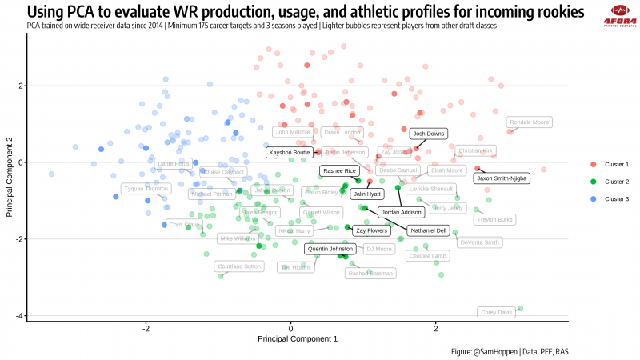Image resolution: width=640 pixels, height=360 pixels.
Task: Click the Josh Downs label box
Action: point(428,134)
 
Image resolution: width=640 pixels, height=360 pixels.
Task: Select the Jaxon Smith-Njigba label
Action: point(501,178)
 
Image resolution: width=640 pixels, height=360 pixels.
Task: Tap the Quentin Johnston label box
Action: point(331,249)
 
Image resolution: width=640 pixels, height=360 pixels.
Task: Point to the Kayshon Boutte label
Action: point(290,152)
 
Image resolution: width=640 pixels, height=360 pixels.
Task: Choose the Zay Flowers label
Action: point(371,230)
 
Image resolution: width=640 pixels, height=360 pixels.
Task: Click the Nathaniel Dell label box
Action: point(428,230)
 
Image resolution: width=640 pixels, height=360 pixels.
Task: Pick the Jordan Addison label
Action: point(402,213)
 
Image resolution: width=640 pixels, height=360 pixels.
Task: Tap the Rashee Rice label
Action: point(339,170)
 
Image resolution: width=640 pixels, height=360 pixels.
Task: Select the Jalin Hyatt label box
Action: point(367,194)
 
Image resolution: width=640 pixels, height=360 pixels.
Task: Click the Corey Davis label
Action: point(495,312)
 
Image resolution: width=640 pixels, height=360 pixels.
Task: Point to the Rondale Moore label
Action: point(530,122)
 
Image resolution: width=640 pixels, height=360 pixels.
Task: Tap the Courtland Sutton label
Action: point(240,266)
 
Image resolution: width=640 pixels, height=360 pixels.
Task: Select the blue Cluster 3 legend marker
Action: point(593,198)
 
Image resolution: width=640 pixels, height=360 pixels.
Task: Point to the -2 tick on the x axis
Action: point(146,329)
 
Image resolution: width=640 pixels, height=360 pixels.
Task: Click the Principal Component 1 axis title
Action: point(297,339)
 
